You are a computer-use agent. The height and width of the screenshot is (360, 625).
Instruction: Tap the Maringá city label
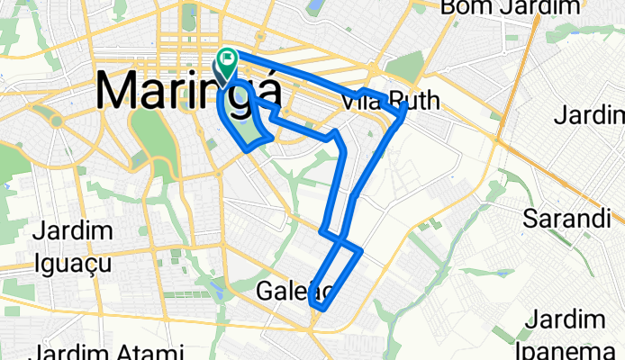point(186,91)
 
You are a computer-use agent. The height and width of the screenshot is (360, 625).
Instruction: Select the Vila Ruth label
point(392,102)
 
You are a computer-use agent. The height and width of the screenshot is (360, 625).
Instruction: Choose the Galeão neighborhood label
point(296,291)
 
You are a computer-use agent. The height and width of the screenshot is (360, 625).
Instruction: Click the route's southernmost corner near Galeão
point(317,307)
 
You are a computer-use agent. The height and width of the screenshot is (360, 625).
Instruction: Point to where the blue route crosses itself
point(339,238)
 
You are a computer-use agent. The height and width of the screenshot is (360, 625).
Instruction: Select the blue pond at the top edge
point(314,7)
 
